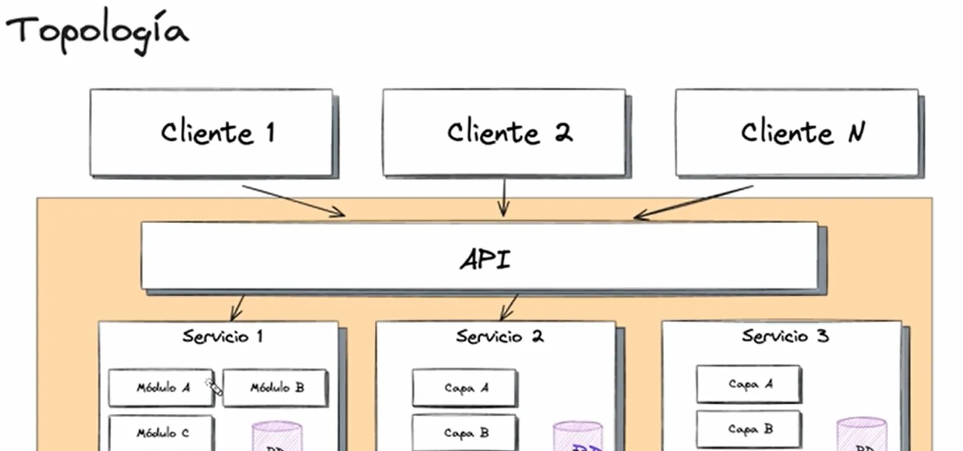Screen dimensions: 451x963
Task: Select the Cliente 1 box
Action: (x=211, y=133)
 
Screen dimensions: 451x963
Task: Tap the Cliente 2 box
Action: (x=504, y=133)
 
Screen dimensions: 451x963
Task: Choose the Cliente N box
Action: (x=797, y=133)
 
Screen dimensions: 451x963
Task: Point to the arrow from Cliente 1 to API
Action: (x=293, y=200)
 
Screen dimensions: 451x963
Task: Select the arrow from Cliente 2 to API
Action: (x=503, y=197)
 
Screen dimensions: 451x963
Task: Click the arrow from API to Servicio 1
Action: (x=238, y=307)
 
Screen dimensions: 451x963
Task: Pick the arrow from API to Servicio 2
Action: (x=510, y=307)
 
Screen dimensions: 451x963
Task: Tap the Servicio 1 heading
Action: (x=223, y=337)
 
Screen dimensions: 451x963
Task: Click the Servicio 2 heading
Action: (x=500, y=337)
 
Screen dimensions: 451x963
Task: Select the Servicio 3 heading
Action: (x=785, y=336)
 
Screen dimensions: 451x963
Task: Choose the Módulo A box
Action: (x=161, y=388)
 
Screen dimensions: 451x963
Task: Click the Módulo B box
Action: (x=275, y=388)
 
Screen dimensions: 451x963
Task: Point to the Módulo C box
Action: (x=161, y=433)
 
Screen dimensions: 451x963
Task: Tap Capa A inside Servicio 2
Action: (x=465, y=388)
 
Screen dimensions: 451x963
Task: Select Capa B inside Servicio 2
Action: (x=465, y=432)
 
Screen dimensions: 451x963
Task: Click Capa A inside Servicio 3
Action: (x=749, y=384)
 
